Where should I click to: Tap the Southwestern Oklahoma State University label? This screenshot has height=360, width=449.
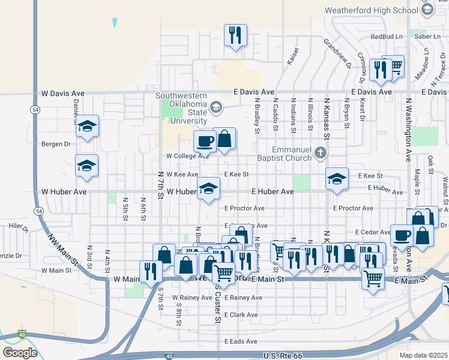[x=181, y=108]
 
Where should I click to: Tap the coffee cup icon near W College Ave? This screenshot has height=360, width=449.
[x=205, y=142]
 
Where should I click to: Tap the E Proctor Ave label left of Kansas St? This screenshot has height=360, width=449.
[x=244, y=208]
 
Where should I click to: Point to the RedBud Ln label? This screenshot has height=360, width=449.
[x=386, y=37]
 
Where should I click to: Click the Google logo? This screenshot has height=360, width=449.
[x=20, y=353]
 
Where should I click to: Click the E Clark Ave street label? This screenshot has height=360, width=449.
[x=241, y=315]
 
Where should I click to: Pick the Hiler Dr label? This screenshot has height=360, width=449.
[x=19, y=226]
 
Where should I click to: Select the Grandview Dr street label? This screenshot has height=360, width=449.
[x=336, y=52]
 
